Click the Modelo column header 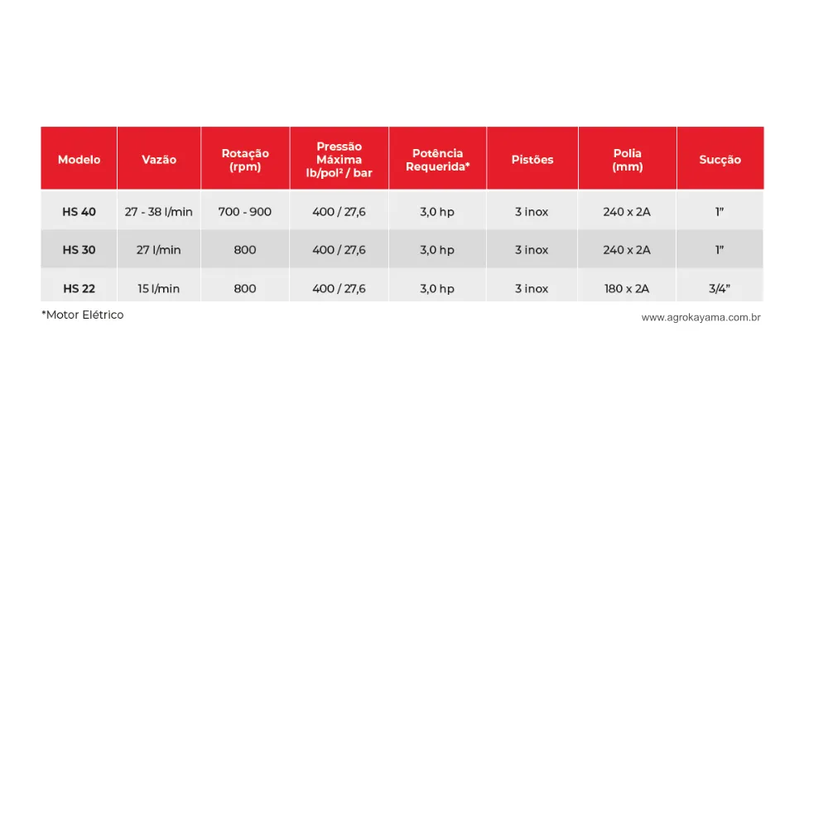(x=79, y=160)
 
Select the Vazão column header (x=159, y=160)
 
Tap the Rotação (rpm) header (x=245, y=160)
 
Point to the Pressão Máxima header (x=339, y=160)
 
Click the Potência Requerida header (x=437, y=160)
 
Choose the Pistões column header (x=532, y=160)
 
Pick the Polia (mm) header (x=627, y=160)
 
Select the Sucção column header (x=720, y=160)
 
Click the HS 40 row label (x=79, y=212)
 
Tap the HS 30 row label (x=79, y=250)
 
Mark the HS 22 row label (x=79, y=289)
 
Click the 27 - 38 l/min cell (x=159, y=212)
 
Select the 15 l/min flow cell (x=159, y=289)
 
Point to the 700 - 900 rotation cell (x=245, y=212)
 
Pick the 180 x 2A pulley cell (x=627, y=289)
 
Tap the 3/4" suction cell (x=720, y=289)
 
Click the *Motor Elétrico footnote (x=83, y=315)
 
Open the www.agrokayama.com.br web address (x=700, y=317)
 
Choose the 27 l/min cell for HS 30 (x=159, y=250)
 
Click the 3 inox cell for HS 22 (x=532, y=289)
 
